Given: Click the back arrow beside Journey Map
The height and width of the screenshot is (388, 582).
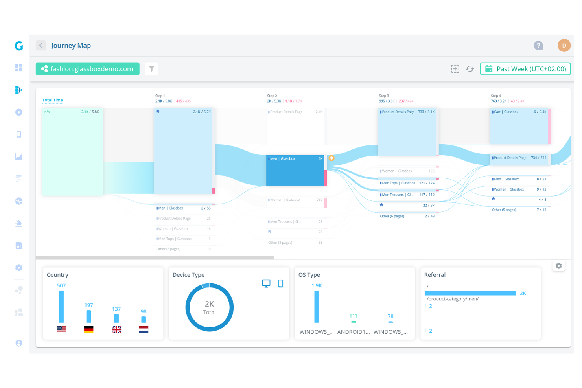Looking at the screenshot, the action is pyautogui.click(x=41, y=46).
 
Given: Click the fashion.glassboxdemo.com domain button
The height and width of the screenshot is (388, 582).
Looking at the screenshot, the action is pyautogui.click(x=87, y=69).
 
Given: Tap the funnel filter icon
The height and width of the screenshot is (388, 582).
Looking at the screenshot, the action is pyautogui.click(x=151, y=69).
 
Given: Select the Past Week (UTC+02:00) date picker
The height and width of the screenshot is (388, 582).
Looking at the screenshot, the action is pyautogui.click(x=525, y=69).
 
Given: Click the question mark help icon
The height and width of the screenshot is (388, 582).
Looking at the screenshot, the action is pyautogui.click(x=538, y=46).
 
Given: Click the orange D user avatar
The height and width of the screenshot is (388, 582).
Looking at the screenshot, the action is pyautogui.click(x=564, y=46).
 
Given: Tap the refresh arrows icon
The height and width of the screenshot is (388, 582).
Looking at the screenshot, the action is pyautogui.click(x=470, y=69).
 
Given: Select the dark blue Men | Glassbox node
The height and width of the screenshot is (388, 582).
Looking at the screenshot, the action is pyautogui.click(x=295, y=171).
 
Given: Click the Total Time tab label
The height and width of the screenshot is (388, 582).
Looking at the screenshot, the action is pyautogui.click(x=52, y=100).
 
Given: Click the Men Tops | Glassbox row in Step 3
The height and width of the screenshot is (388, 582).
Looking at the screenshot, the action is pyautogui.click(x=407, y=183).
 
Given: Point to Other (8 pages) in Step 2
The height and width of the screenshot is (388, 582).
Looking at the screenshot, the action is pyautogui.click(x=280, y=243).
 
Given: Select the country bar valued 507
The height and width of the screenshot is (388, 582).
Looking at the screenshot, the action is pyautogui.click(x=61, y=306).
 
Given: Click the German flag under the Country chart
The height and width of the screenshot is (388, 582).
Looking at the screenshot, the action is pyautogui.click(x=88, y=329).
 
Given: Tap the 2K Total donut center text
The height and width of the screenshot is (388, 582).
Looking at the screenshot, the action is pyautogui.click(x=209, y=307).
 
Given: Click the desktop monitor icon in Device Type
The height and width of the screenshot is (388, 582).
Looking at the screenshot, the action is pyautogui.click(x=266, y=283).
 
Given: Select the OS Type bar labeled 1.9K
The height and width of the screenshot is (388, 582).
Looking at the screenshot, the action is pyautogui.click(x=317, y=306).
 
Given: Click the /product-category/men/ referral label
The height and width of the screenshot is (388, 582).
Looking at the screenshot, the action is pyautogui.click(x=453, y=299).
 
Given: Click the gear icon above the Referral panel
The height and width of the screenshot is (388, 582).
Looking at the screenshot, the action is pyautogui.click(x=558, y=266).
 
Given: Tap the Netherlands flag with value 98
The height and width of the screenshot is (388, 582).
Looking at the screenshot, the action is pyautogui.click(x=144, y=329).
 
